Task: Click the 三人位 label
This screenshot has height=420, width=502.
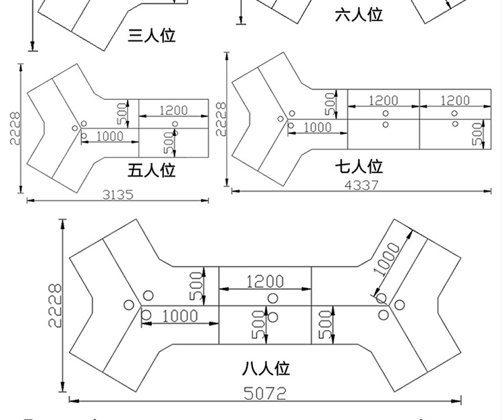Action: (151, 36)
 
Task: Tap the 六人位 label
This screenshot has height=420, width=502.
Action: (359, 15)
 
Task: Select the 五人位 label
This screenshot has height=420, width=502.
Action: (151, 170)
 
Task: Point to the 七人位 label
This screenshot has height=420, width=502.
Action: (359, 167)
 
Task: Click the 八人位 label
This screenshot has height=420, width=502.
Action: (266, 368)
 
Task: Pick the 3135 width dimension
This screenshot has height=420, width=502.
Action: (118, 194)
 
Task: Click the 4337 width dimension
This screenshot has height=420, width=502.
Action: (361, 185)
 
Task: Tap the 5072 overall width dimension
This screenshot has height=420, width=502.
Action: (265, 393)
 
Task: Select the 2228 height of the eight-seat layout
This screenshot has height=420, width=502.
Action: (55, 305)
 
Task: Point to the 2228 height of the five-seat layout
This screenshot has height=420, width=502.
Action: (15, 128)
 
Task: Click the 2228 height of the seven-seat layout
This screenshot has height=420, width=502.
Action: (221, 119)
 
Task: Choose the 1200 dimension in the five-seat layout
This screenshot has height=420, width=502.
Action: (173, 111)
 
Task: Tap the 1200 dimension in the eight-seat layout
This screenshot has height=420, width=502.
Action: (265, 281)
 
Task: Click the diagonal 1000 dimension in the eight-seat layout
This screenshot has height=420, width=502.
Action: (387, 259)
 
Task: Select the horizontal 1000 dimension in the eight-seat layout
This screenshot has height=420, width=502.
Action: (180, 316)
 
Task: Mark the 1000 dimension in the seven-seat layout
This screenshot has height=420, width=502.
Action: (317, 127)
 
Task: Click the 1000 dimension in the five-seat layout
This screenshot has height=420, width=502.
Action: (110, 137)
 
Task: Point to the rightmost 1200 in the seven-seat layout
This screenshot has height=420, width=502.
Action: (455, 100)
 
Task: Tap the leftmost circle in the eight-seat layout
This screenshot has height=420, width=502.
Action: (129, 305)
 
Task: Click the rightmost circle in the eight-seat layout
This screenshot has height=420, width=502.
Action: (399, 305)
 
